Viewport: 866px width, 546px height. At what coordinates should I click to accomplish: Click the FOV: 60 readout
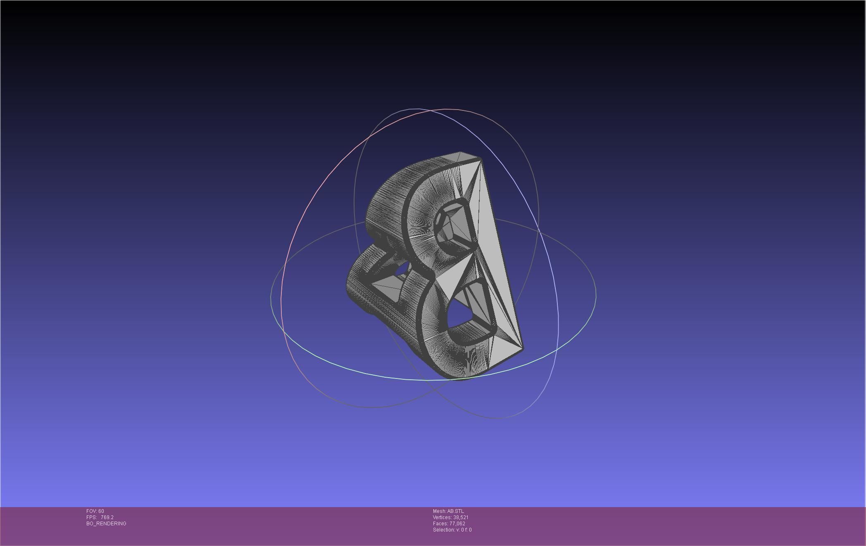(x=95, y=511)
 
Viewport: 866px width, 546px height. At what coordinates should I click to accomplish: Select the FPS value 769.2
(x=107, y=517)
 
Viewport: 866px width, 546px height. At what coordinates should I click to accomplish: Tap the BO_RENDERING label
(x=106, y=524)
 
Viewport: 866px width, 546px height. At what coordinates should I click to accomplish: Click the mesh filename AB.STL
(x=455, y=511)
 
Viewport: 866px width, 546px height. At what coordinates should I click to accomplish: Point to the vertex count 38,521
(x=461, y=517)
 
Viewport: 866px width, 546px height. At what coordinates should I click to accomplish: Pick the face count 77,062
(x=457, y=524)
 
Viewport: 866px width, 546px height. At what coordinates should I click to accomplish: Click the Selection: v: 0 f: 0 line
(x=452, y=530)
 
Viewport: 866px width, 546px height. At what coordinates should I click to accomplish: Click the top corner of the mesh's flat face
(x=481, y=158)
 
